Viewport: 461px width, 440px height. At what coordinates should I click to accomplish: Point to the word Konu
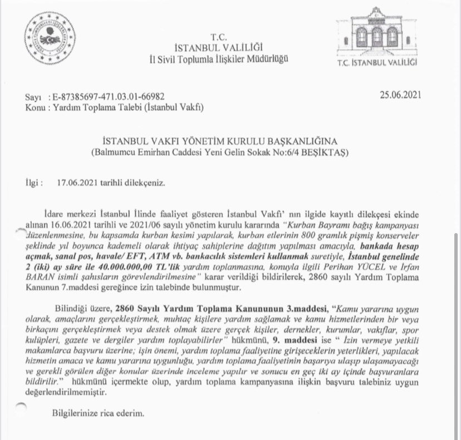click(35, 106)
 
